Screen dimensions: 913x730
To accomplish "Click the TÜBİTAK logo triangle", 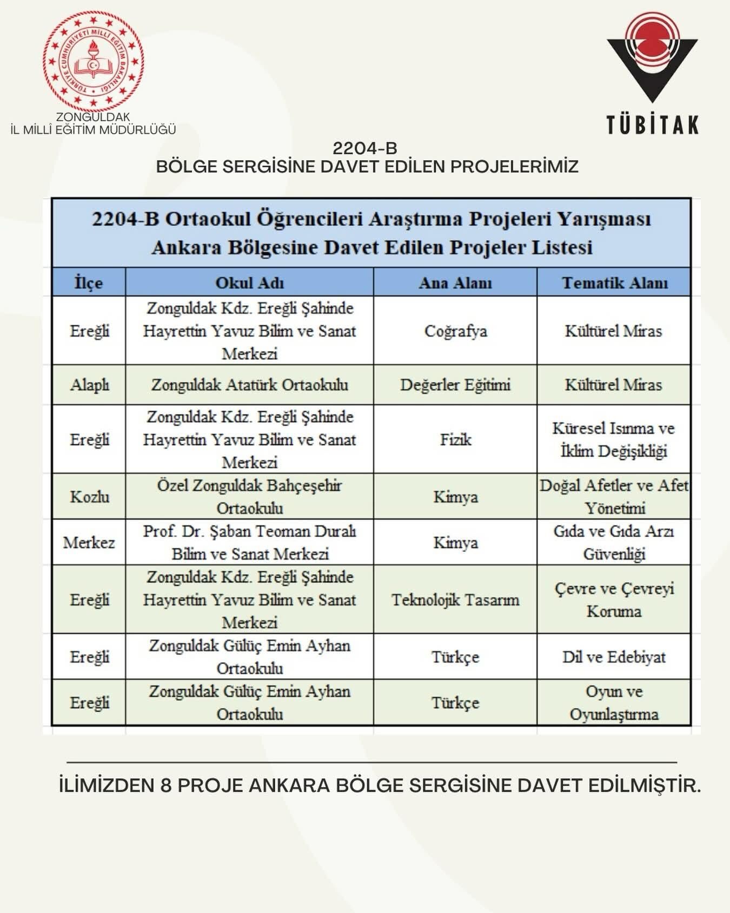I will pos(652,60).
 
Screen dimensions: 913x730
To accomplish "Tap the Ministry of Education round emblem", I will pos(94,61).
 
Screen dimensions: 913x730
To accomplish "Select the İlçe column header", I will pos(89,283).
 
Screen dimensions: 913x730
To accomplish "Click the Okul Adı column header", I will pos(249,283).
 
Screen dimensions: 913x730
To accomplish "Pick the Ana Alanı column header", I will pos(455,283).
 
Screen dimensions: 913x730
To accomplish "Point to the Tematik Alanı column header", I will pos(614,283).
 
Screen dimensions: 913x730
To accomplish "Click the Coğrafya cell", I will pos(455,331).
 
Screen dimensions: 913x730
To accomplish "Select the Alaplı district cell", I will pos(89,385).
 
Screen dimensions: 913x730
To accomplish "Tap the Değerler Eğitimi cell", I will pos(455,385).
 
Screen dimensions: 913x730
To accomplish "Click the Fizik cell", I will pos(455,439).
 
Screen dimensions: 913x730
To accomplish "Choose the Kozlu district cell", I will pos(89,497).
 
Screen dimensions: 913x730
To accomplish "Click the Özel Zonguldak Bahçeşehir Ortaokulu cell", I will pos(249,497).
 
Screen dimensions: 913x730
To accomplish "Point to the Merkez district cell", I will pos(89,542).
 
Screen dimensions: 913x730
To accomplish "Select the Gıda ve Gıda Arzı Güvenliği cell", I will pos(614,542).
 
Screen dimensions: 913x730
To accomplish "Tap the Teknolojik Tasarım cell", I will pos(455,600).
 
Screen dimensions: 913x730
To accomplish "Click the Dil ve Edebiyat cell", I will pos(614,657).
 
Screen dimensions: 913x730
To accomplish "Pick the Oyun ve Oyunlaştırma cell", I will pos(614,702).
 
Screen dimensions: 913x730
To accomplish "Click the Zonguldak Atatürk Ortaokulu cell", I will pos(249,385).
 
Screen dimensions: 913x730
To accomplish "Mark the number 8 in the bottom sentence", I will pos(166,786).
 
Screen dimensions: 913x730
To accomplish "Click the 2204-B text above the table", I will pos(365,148).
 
